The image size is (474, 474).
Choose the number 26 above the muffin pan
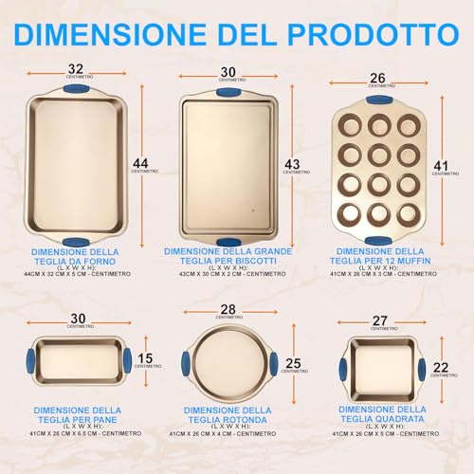(377, 77)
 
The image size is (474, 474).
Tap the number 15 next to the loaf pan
(144, 359)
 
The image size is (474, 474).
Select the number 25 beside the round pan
(293, 362)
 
